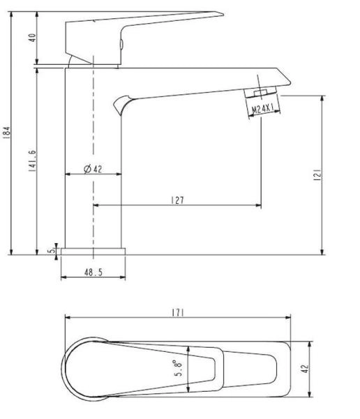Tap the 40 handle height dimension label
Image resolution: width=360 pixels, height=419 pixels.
click(x=32, y=38)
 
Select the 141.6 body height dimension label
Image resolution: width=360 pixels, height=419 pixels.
click(x=32, y=161)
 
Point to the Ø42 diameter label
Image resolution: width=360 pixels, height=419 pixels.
click(x=93, y=169)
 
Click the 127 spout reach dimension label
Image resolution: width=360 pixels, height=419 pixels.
click(x=178, y=200)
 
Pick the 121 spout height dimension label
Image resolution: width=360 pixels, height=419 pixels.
click(x=317, y=175)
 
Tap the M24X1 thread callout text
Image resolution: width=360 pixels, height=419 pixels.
click(x=263, y=109)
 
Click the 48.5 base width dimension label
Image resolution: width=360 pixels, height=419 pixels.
click(x=93, y=272)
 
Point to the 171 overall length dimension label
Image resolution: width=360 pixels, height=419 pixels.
click(x=178, y=312)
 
